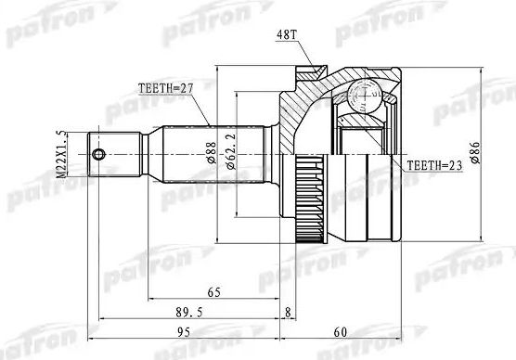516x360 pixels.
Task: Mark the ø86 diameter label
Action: pyautogui.click(x=475, y=151)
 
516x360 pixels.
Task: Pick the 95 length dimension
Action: pyautogui.click(x=183, y=331)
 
